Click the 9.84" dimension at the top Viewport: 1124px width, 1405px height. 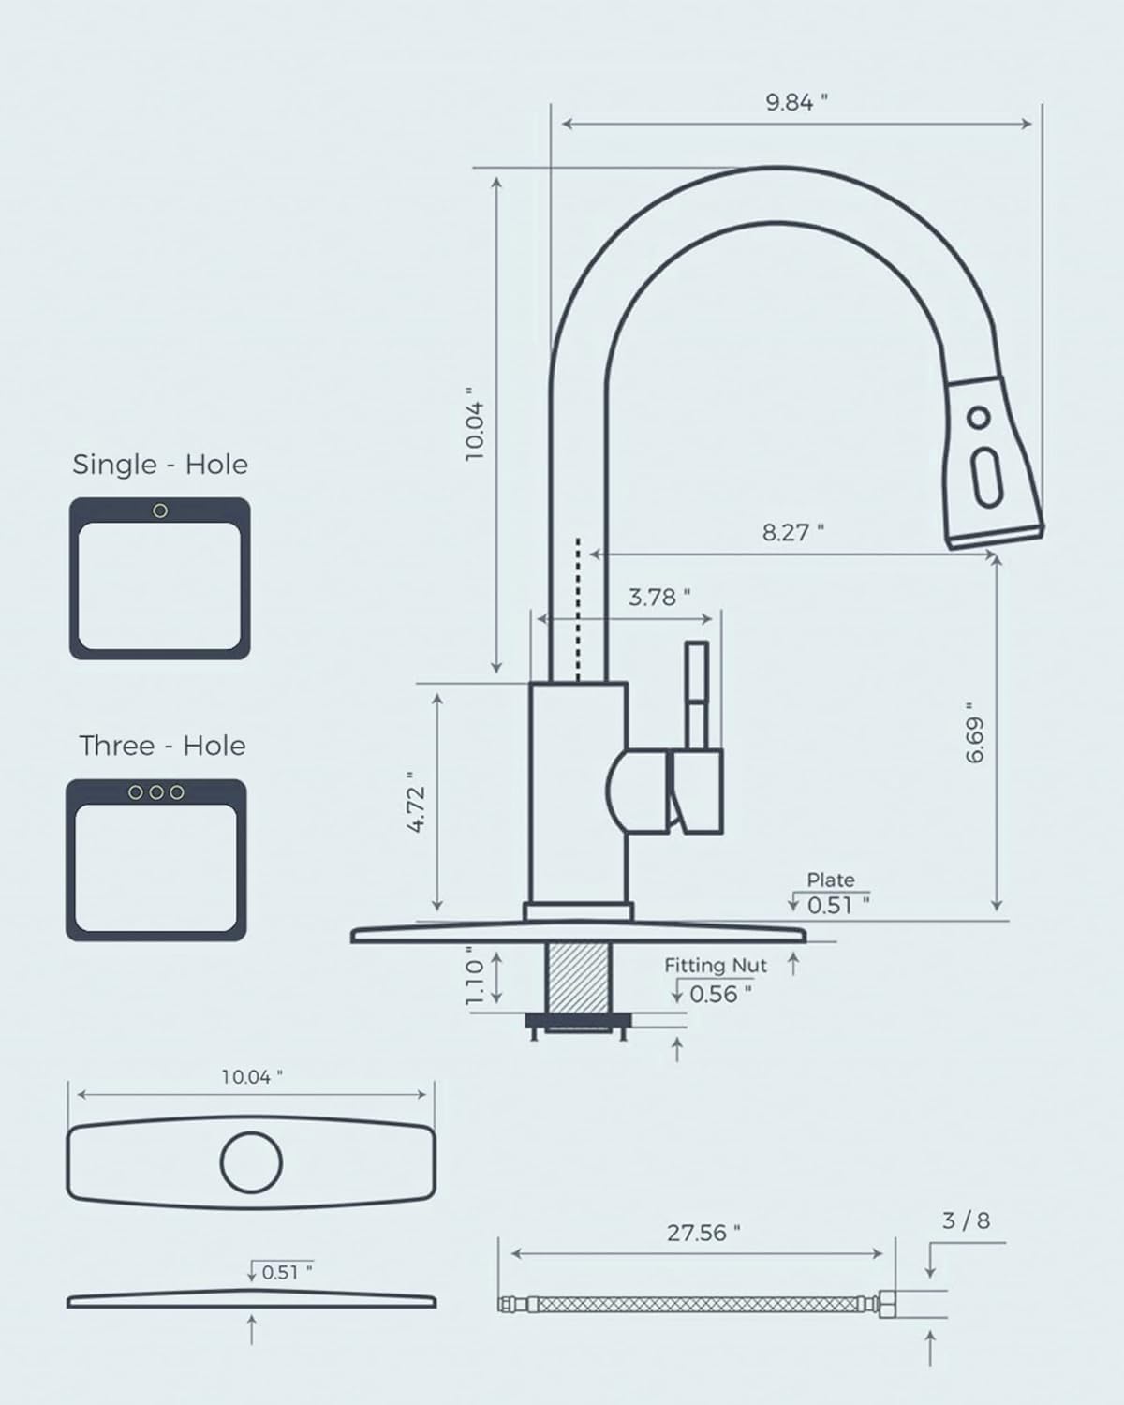[796, 103]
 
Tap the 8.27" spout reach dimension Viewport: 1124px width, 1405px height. [792, 533]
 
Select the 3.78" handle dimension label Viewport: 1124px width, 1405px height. [658, 598]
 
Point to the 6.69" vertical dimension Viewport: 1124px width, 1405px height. [976, 732]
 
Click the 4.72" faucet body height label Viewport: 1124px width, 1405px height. [417, 802]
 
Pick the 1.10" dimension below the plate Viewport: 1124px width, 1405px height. [475, 980]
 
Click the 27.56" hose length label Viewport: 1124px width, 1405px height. [702, 1234]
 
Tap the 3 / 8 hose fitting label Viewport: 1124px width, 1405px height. [965, 1220]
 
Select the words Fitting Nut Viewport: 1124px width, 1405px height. [716, 966]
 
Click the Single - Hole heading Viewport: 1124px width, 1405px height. [160, 465]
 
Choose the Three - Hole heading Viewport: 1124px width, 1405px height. [162, 746]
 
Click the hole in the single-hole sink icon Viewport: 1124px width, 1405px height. [160, 510]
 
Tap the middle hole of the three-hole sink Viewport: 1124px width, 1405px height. [156, 792]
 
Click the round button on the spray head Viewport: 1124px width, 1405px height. [979, 417]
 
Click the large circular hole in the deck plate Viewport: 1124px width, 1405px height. [251, 1162]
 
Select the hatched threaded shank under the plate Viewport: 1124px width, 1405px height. [576, 976]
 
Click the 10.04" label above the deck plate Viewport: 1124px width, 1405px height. [251, 1077]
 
